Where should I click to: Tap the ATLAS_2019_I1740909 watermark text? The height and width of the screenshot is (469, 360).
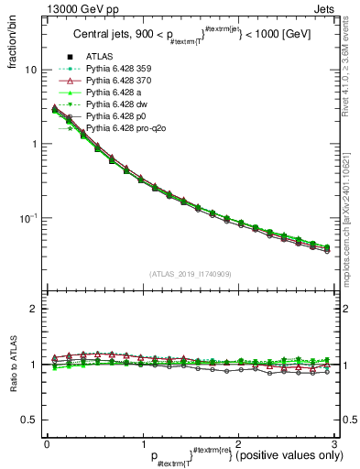click(x=190, y=272)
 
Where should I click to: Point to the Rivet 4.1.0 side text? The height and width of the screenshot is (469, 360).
click(x=350, y=64)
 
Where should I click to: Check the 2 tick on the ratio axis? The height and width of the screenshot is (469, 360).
click(x=34, y=309)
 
